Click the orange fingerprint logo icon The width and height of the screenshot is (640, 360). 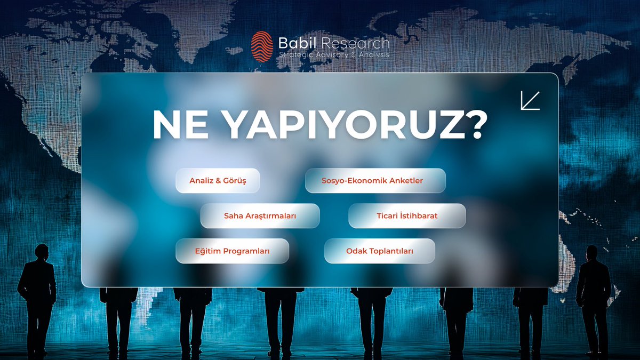[x=262, y=46]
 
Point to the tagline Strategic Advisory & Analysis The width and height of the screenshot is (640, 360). [x=334, y=55]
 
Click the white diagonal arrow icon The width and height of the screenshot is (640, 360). [x=530, y=100]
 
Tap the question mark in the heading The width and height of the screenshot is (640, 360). [x=471, y=126]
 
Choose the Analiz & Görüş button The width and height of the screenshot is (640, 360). [x=218, y=181]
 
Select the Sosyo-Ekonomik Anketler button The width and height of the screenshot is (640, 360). [x=375, y=181]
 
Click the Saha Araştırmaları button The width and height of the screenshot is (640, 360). [x=260, y=216]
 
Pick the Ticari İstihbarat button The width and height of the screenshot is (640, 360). [x=407, y=216]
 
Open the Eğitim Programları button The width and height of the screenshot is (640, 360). [x=232, y=251]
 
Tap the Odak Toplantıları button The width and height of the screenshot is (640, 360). [x=380, y=251]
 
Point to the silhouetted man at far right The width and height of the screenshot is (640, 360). [x=593, y=299]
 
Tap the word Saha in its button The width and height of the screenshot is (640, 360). [x=233, y=216]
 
